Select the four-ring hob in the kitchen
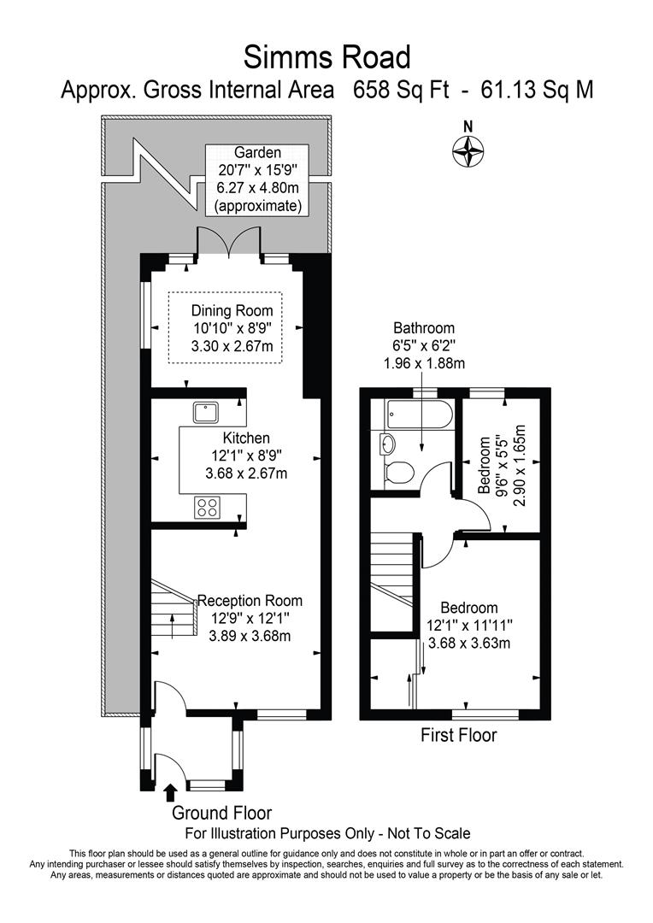coord(208,507)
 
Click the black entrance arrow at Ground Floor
coord(171,792)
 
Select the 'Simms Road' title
coord(326,58)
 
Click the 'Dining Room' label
coord(232,311)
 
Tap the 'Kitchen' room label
coord(246,438)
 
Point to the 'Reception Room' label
coord(250,601)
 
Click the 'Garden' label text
coord(257,152)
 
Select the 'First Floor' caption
coord(459,735)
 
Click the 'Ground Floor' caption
coord(221,814)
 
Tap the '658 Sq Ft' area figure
coord(401,91)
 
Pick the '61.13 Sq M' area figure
coord(537,91)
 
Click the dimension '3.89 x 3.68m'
coord(250,637)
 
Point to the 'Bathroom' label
coord(424,328)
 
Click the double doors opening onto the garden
coord(227,241)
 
